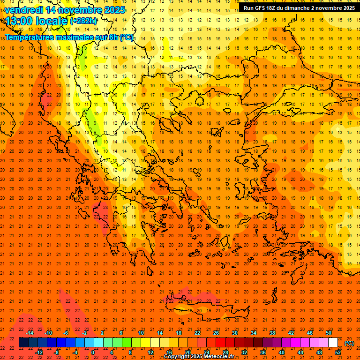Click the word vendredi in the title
click(24, 10)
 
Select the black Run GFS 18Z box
click(299, 7)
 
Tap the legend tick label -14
click(30, 333)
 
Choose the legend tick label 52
click(338, 352)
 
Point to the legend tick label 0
click(93, 352)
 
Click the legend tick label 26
click(216, 333)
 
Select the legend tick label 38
click(272, 333)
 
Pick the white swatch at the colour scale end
click(333, 343)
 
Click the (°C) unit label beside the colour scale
click(349, 343)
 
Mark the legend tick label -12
click(39, 352)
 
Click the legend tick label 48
click(319, 352)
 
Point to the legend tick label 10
click(141, 333)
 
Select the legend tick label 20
click(188, 352)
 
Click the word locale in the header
click(51, 21)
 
